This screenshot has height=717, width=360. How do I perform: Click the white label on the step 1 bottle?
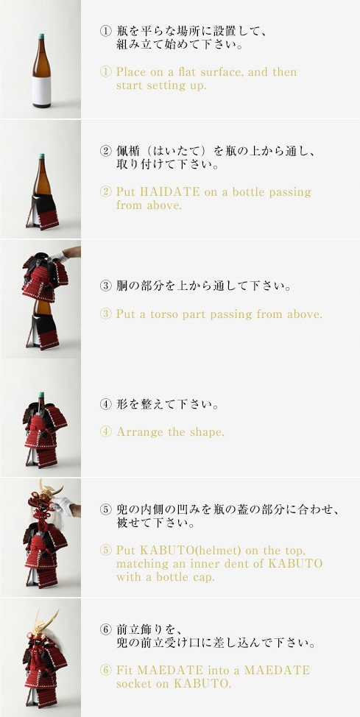point(41,90)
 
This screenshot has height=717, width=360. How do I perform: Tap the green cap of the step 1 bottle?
point(41,36)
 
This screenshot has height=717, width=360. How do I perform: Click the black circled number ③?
point(105,286)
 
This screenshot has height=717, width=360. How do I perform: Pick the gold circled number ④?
point(105,431)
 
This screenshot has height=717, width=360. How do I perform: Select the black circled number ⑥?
point(105,629)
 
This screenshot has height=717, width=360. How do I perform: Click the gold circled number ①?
point(105,72)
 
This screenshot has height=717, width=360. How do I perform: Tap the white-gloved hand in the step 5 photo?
point(63,506)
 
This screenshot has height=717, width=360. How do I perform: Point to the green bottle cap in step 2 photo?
point(42,156)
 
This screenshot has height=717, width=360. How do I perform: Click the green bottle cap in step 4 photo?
point(41,395)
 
